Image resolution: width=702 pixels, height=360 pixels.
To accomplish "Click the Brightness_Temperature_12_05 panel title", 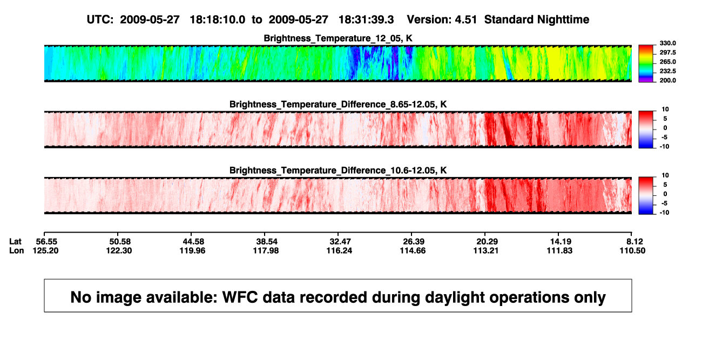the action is pos(338,38).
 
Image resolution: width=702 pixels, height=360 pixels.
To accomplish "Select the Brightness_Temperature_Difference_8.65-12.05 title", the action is pos(338,104).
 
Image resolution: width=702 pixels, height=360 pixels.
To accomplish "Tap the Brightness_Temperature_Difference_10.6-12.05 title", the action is pos(338,171).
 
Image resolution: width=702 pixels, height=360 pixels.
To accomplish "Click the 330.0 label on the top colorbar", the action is pos(667,43).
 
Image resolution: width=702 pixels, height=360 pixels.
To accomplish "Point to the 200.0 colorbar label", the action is pos(667,80).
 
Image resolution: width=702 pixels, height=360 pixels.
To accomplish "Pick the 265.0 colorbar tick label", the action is pos(667,62).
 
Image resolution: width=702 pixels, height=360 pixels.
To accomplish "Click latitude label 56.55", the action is pos(46,242).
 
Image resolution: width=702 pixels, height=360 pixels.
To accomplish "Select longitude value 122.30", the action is pos(119,250).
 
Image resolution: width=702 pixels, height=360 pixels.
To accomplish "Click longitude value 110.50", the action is pos(632,250).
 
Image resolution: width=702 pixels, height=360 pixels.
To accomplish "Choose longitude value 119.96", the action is pos(192,250).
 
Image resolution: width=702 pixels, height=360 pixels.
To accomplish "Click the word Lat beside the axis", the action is pos(15,242).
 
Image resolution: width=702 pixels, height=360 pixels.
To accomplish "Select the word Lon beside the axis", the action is pos(16,250).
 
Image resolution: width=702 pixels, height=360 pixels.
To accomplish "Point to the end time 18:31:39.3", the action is pos(366,20).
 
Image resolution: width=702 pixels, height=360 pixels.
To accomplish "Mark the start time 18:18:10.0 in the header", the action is pos(218,20).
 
